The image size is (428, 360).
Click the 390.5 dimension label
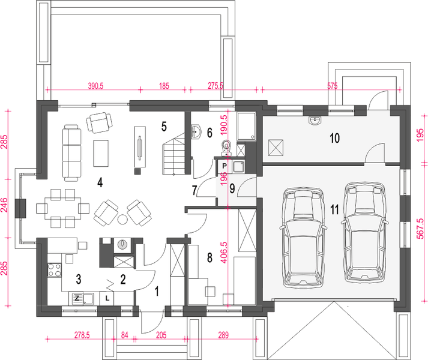pos(95,86)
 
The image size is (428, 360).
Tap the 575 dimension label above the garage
pos(332,86)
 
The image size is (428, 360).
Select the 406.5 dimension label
pos(224,251)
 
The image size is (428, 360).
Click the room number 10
pos(335,138)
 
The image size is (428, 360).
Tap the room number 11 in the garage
pos(334,209)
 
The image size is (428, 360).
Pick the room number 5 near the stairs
pos(164,127)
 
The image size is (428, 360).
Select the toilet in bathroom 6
pos(226,148)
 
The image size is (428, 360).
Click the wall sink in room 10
pos(316,121)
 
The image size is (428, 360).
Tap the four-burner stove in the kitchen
pos(54,270)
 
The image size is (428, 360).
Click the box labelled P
pos(225,166)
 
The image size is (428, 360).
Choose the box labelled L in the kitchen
pos(107,298)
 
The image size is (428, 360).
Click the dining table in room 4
pos(63,208)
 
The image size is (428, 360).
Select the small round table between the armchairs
pos(123,219)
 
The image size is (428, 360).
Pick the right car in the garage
pos(364,232)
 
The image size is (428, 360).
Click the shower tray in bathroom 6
pos(246,126)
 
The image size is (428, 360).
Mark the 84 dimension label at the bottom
pos(124,335)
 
